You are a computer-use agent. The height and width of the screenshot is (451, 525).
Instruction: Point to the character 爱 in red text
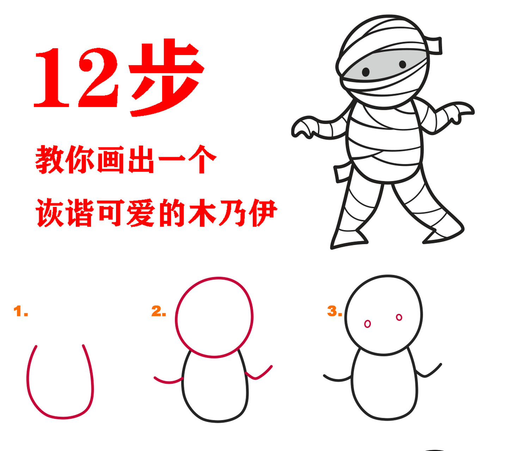pyautogui.click(x=141, y=212)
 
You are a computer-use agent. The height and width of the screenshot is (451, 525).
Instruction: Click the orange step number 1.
pyautogui.click(x=20, y=311)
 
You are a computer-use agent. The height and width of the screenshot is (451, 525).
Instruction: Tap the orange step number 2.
pyautogui.click(x=158, y=311)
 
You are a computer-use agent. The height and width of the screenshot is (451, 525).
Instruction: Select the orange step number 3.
pyautogui.click(x=334, y=311)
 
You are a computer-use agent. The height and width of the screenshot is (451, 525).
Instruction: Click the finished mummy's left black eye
pyautogui.click(x=366, y=72)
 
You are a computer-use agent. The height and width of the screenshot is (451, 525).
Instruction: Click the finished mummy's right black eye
pyautogui.click(x=402, y=64)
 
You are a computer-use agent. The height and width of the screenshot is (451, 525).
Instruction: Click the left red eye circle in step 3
pyautogui.click(x=367, y=324)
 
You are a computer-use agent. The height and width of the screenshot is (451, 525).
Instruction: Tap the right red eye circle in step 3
pyautogui.click(x=399, y=317)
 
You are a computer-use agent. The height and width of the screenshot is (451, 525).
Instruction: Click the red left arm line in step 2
pyautogui.click(x=168, y=381)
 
